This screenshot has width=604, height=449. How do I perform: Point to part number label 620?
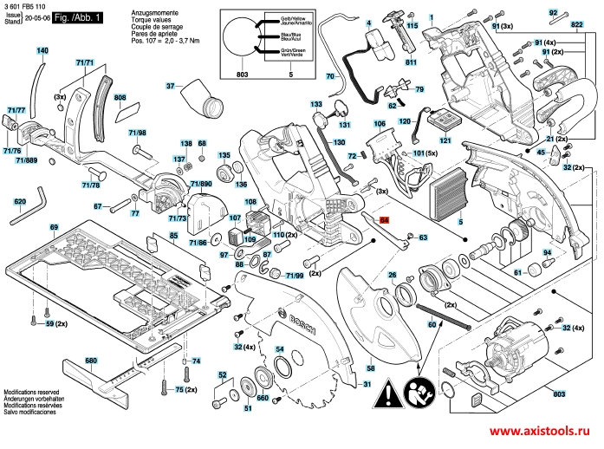pyautogui.click(x=20, y=202)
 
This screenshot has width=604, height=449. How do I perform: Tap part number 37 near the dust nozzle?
pyautogui.click(x=171, y=86)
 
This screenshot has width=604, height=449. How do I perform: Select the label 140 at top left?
pyautogui.click(x=42, y=51)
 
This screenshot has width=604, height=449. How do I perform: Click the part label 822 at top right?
pyautogui.click(x=578, y=26)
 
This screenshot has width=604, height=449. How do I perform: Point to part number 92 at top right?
pyautogui.click(x=553, y=12)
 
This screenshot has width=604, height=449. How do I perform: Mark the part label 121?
pyautogui.click(x=445, y=140)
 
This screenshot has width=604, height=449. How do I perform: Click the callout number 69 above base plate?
pyautogui.click(x=53, y=227)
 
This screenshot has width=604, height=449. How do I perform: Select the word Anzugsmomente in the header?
pyautogui.click(x=153, y=14)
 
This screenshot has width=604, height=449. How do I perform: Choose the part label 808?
pyautogui.click(x=120, y=99)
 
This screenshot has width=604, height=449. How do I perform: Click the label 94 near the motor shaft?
pyautogui.click(x=547, y=252)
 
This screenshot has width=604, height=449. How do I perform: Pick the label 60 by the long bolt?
pyautogui.click(x=432, y=323)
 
